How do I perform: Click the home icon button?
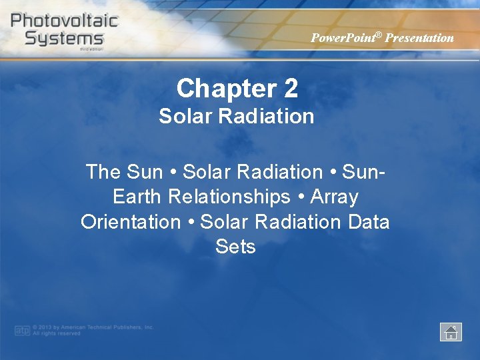[451, 331]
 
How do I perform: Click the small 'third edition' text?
[92, 49]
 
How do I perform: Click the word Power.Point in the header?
[341, 38]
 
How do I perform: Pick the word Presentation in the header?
[419, 38]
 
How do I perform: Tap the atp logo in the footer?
[22, 330]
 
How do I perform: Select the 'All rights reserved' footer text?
[57, 333]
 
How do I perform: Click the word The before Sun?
[103, 172]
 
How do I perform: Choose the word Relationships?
[229, 197]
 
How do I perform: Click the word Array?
[335, 197]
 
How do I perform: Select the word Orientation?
[131, 222]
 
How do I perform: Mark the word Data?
[369, 222]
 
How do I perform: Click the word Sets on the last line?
[235, 247]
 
